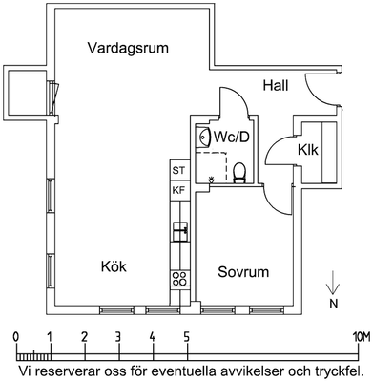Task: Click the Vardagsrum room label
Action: point(128,49)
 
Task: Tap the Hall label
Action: point(276,86)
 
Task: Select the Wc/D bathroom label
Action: point(231,137)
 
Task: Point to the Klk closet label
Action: point(308,150)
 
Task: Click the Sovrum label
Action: point(243,272)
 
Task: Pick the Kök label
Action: point(114,266)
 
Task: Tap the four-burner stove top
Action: point(180,279)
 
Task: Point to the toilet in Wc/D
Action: point(239,173)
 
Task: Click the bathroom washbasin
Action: point(203,137)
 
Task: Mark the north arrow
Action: point(333,283)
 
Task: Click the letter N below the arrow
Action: point(333,304)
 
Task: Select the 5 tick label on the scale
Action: point(187,336)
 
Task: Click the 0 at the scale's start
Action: point(15,336)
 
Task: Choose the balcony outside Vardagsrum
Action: point(27,92)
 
